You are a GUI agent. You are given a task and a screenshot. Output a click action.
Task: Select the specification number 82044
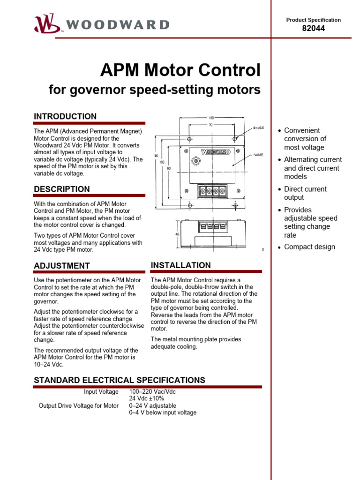pyautogui.click(x=314, y=28)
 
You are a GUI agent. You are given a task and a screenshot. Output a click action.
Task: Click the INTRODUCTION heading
pyautogui.click(x=65, y=116)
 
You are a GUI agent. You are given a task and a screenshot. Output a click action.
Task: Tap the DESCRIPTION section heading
pyautogui.click(x=61, y=189)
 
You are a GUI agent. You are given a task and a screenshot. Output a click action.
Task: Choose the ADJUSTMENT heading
pyautogui.click(x=61, y=266)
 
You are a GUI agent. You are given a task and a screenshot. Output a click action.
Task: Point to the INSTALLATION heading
pyautogui.click(x=180, y=265)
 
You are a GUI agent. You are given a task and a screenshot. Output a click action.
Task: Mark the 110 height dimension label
pyautogui.click(x=156, y=156)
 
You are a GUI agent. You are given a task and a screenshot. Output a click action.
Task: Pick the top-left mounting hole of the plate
pyautogui.click(x=189, y=140)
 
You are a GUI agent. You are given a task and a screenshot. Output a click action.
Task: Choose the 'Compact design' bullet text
pyautogui.click(x=309, y=247)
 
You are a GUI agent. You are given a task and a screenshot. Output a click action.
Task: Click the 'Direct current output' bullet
pyautogui.click(x=305, y=193)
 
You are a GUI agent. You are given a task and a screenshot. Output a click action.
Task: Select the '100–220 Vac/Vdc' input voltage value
pyautogui.click(x=152, y=391)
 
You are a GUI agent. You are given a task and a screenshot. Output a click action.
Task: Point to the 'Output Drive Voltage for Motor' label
pyautogui.click(x=78, y=405)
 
